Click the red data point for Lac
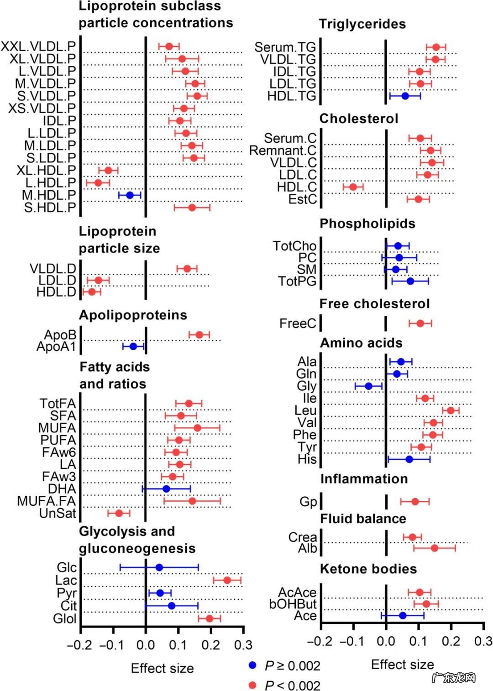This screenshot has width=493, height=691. click(x=227, y=580)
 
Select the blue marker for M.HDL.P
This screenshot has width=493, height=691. click(x=130, y=195)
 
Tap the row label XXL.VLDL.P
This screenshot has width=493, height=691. click(x=38, y=47)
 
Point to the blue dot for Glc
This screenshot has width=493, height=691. click(x=159, y=567)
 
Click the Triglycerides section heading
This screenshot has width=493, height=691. click(x=362, y=24)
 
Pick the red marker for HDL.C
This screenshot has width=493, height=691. click(x=353, y=187)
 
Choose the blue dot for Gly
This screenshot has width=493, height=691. click(x=368, y=386)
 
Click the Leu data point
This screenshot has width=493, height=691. click(x=451, y=410)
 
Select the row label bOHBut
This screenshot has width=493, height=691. click(x=293, y=604)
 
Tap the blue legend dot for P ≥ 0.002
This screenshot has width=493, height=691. click(x=252, y=665)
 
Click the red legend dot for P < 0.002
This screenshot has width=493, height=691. click(x=252, y=685)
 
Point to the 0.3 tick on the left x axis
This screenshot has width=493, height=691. click(x=243, y=645)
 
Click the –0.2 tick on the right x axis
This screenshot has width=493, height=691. click(x=320, y=641)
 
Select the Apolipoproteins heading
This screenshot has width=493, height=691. click(x=133, y=315)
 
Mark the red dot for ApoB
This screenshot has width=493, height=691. click(x=199, y=335)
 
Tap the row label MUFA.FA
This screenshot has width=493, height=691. click(x=47, y=501)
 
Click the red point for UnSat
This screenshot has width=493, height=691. click(x=119, y=513)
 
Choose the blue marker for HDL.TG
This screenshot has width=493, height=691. click(x=405, y=96)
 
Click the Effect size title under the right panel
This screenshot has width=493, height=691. click(x=402, y=665)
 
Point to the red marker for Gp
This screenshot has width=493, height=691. click(x=415, y=502)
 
